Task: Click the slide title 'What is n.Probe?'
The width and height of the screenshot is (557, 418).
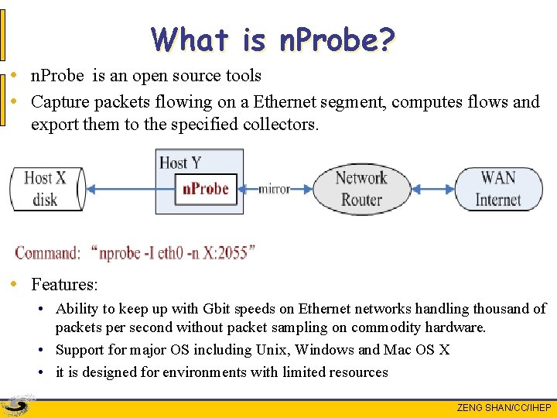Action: pyautogui.click(x=273, y=39)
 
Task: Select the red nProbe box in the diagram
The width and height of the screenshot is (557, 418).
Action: pyautogui.click(x=205, y=188)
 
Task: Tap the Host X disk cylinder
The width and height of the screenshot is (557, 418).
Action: pyautogui.click(x=46, y=188)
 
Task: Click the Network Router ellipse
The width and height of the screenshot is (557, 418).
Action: pyautogui.click(x=361, y=188)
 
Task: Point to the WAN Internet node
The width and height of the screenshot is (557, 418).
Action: pyautogui.click(x=497, y=188)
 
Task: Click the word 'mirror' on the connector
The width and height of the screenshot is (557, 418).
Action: pyautogui.click(x=274, y=189)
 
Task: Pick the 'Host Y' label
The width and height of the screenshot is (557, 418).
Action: pyautogui.click(x=180, y=163)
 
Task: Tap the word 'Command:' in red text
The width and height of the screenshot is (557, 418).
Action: pyautogui.click(x=47, y=252)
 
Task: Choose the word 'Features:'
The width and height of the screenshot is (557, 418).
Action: pyautogui.click(x=64, y=284)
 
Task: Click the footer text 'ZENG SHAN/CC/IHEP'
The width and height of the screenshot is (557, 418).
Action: pyautogui.click(x=504, y=408)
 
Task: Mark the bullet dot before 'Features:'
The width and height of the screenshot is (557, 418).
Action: pyautogui.click(x=16, y=284)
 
